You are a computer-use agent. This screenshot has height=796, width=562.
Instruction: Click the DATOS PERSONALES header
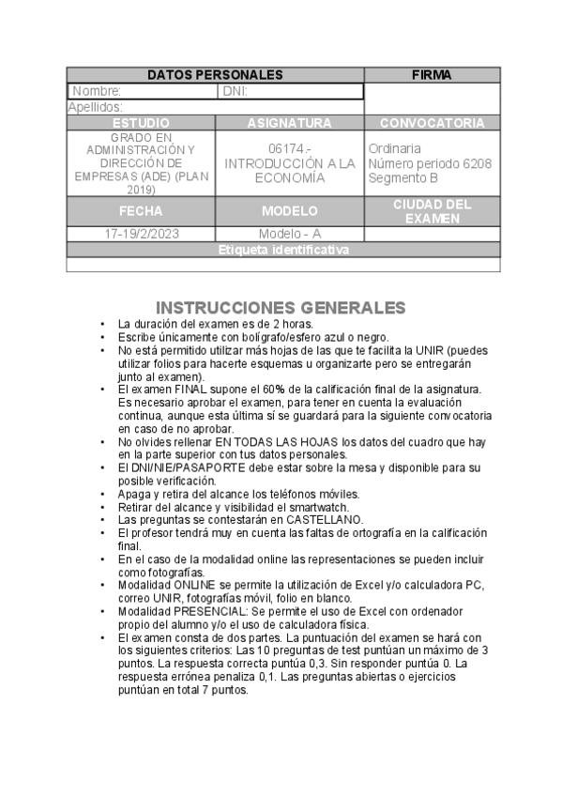pos(215,74)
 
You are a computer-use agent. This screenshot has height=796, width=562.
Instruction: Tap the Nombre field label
pos(97,91)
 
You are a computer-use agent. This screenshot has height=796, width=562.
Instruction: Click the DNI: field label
pos(235,91)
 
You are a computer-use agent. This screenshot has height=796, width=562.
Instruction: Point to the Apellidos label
pos(96,108)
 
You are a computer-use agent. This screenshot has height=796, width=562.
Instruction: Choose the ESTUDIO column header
pos(141,123)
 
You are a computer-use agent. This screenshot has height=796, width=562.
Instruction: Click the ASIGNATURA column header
pos(289,123)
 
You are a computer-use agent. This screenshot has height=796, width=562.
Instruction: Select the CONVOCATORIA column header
pos(432,123)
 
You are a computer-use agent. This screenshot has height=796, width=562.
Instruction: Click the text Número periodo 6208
pos(430,163)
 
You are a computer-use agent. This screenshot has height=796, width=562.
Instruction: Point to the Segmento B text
pos(403,177)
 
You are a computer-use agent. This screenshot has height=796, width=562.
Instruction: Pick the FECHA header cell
pos(141,211)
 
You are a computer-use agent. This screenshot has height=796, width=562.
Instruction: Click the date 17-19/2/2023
pos(141,234)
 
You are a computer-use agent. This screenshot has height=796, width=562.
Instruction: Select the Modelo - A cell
pos(289,234)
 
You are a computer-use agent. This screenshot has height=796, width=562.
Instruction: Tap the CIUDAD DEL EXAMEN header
pos(432,211)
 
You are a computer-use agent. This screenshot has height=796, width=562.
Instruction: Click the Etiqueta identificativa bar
pos(283,251)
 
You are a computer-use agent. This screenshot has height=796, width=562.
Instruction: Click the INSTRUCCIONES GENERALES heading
pos(280,308)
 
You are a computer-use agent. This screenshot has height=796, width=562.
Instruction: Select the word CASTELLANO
pos(325,519)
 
